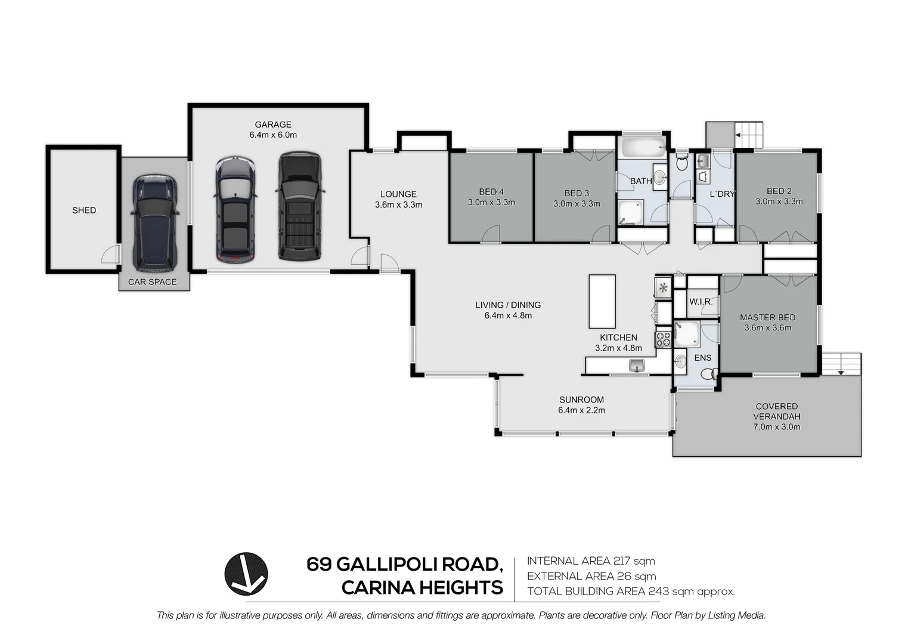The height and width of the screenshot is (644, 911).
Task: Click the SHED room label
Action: pos(84,210)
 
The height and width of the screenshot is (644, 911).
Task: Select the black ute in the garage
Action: pos(299,206)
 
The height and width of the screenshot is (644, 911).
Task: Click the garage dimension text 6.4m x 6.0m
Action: pos(273,135)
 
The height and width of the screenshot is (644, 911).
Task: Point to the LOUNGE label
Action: pos(398,194)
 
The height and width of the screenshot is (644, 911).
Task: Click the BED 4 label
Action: pos(491,192)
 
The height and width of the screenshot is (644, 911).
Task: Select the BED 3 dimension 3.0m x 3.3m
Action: pos(577,204)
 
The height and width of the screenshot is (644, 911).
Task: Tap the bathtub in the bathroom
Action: pos(642,146)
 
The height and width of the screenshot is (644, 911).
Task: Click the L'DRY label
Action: pos(722,194)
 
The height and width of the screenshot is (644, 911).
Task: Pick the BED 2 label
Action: pos(779,191)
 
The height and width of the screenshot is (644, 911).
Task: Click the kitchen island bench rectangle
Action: pos(602,301)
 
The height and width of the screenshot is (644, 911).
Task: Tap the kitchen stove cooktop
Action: pos(663,340)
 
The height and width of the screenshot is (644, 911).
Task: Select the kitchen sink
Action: pos(637,366)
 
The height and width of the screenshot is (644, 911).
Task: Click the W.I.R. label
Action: pos(701,302)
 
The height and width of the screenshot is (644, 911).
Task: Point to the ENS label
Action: pos(703,358)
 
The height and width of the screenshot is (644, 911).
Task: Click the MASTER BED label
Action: pos(767,318)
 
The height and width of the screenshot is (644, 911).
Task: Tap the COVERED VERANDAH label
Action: pos(776,411)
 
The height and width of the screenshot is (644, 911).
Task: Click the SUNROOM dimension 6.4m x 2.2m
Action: pos(581,411)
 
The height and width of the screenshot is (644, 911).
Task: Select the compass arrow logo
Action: pos(246,574)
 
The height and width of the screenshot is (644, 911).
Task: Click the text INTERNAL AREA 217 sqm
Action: pos(591,561)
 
